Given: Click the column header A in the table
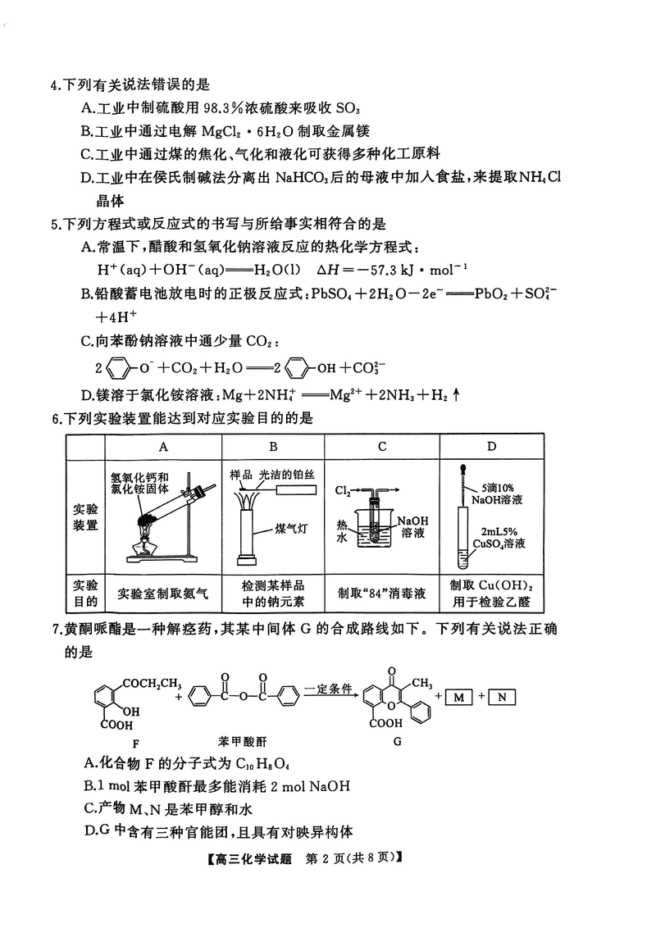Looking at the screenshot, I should pyautogui.click(x=163, y=446).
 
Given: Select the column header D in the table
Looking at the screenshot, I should pyautogui.click(x=491, y=446).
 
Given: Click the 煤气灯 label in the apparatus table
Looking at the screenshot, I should pyautogui.click(x=293, y=529).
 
